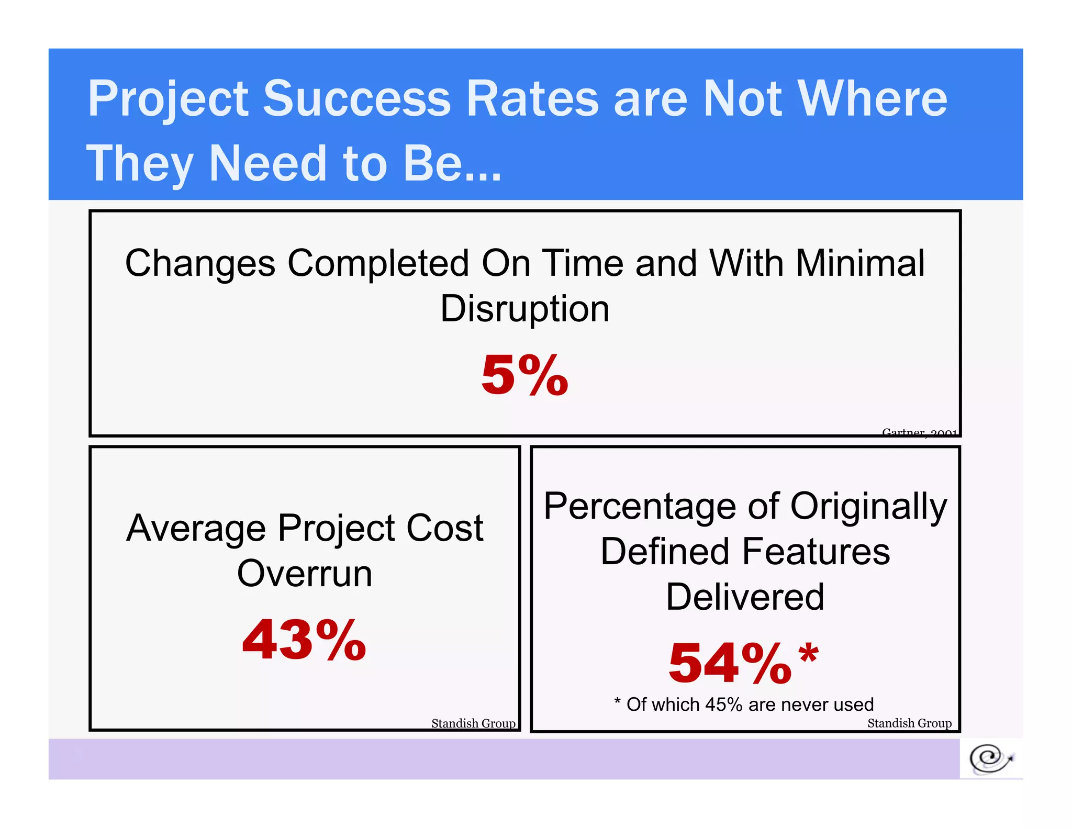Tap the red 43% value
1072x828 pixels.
pyautogui.click(x=304, y=640)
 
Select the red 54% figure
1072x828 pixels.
pyautogui.click(x=730, y=663)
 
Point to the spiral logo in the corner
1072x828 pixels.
pyautogui.click(x=990, y=758)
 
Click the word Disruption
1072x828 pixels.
pyautogui.click(x=524, y=309)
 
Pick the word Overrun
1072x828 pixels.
pyautogui.click(x=304, y=574)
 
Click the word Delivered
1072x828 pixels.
pyautogui.click(x=745, y=597)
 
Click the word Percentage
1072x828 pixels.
pyautogui.click(x=641, y=507)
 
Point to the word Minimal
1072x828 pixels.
pyautogui.click(x=860, y=263)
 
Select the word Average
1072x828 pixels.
pyautogui.click(x=196, y=529)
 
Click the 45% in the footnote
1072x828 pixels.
pyautogui.click(x=723, y=704)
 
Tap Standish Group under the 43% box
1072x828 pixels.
pyautogui.click(x=473, y=723)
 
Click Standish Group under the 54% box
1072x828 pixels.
pyautogui.click(x=909, y=723)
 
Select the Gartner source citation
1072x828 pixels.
pyautogui.click(x=919, y=432)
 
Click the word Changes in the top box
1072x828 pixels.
pyautogui.click(x=200, y=264)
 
